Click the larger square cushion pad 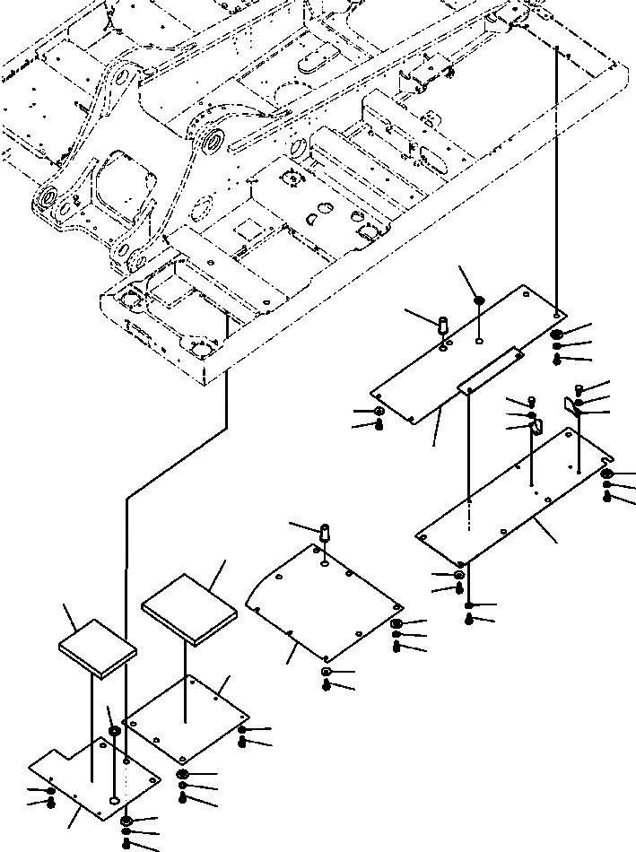click(x=189, y=610)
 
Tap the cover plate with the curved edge click(x=323, y=601)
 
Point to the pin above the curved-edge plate click(x=325, y=532)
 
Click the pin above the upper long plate click(x=443, y=324)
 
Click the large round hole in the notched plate click(x=113, y=797)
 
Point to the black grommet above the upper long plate click(x=481, y=300)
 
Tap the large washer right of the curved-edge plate click(x=396, y=624)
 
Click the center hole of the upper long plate click(x=480, y=342)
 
